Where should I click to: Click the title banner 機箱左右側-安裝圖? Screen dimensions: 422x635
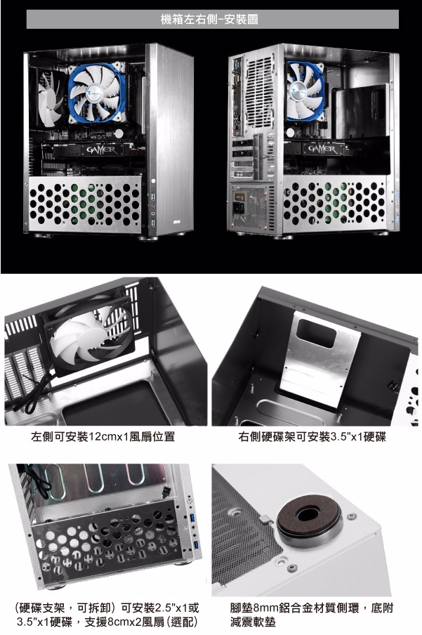(212, 19)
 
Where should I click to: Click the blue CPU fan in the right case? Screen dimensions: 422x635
(305, 91)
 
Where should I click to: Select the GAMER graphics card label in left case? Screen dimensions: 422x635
(101, 150)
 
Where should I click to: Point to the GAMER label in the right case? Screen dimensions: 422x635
(323, 150)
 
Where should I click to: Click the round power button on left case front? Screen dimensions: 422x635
(153, 181)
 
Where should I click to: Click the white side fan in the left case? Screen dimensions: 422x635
(49, 98)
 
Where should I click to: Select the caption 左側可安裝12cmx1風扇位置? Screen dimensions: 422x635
(103, 437)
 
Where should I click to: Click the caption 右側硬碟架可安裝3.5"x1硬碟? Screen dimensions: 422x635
(312, 437)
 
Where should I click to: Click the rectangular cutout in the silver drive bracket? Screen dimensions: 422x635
(316, 334)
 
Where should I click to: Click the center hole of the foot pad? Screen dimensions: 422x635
(308, 514)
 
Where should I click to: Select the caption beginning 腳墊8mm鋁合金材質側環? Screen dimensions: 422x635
(312, 615)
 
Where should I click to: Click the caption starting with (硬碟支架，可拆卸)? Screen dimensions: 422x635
(107, 615)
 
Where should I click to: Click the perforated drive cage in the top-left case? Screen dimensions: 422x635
(85, 204)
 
